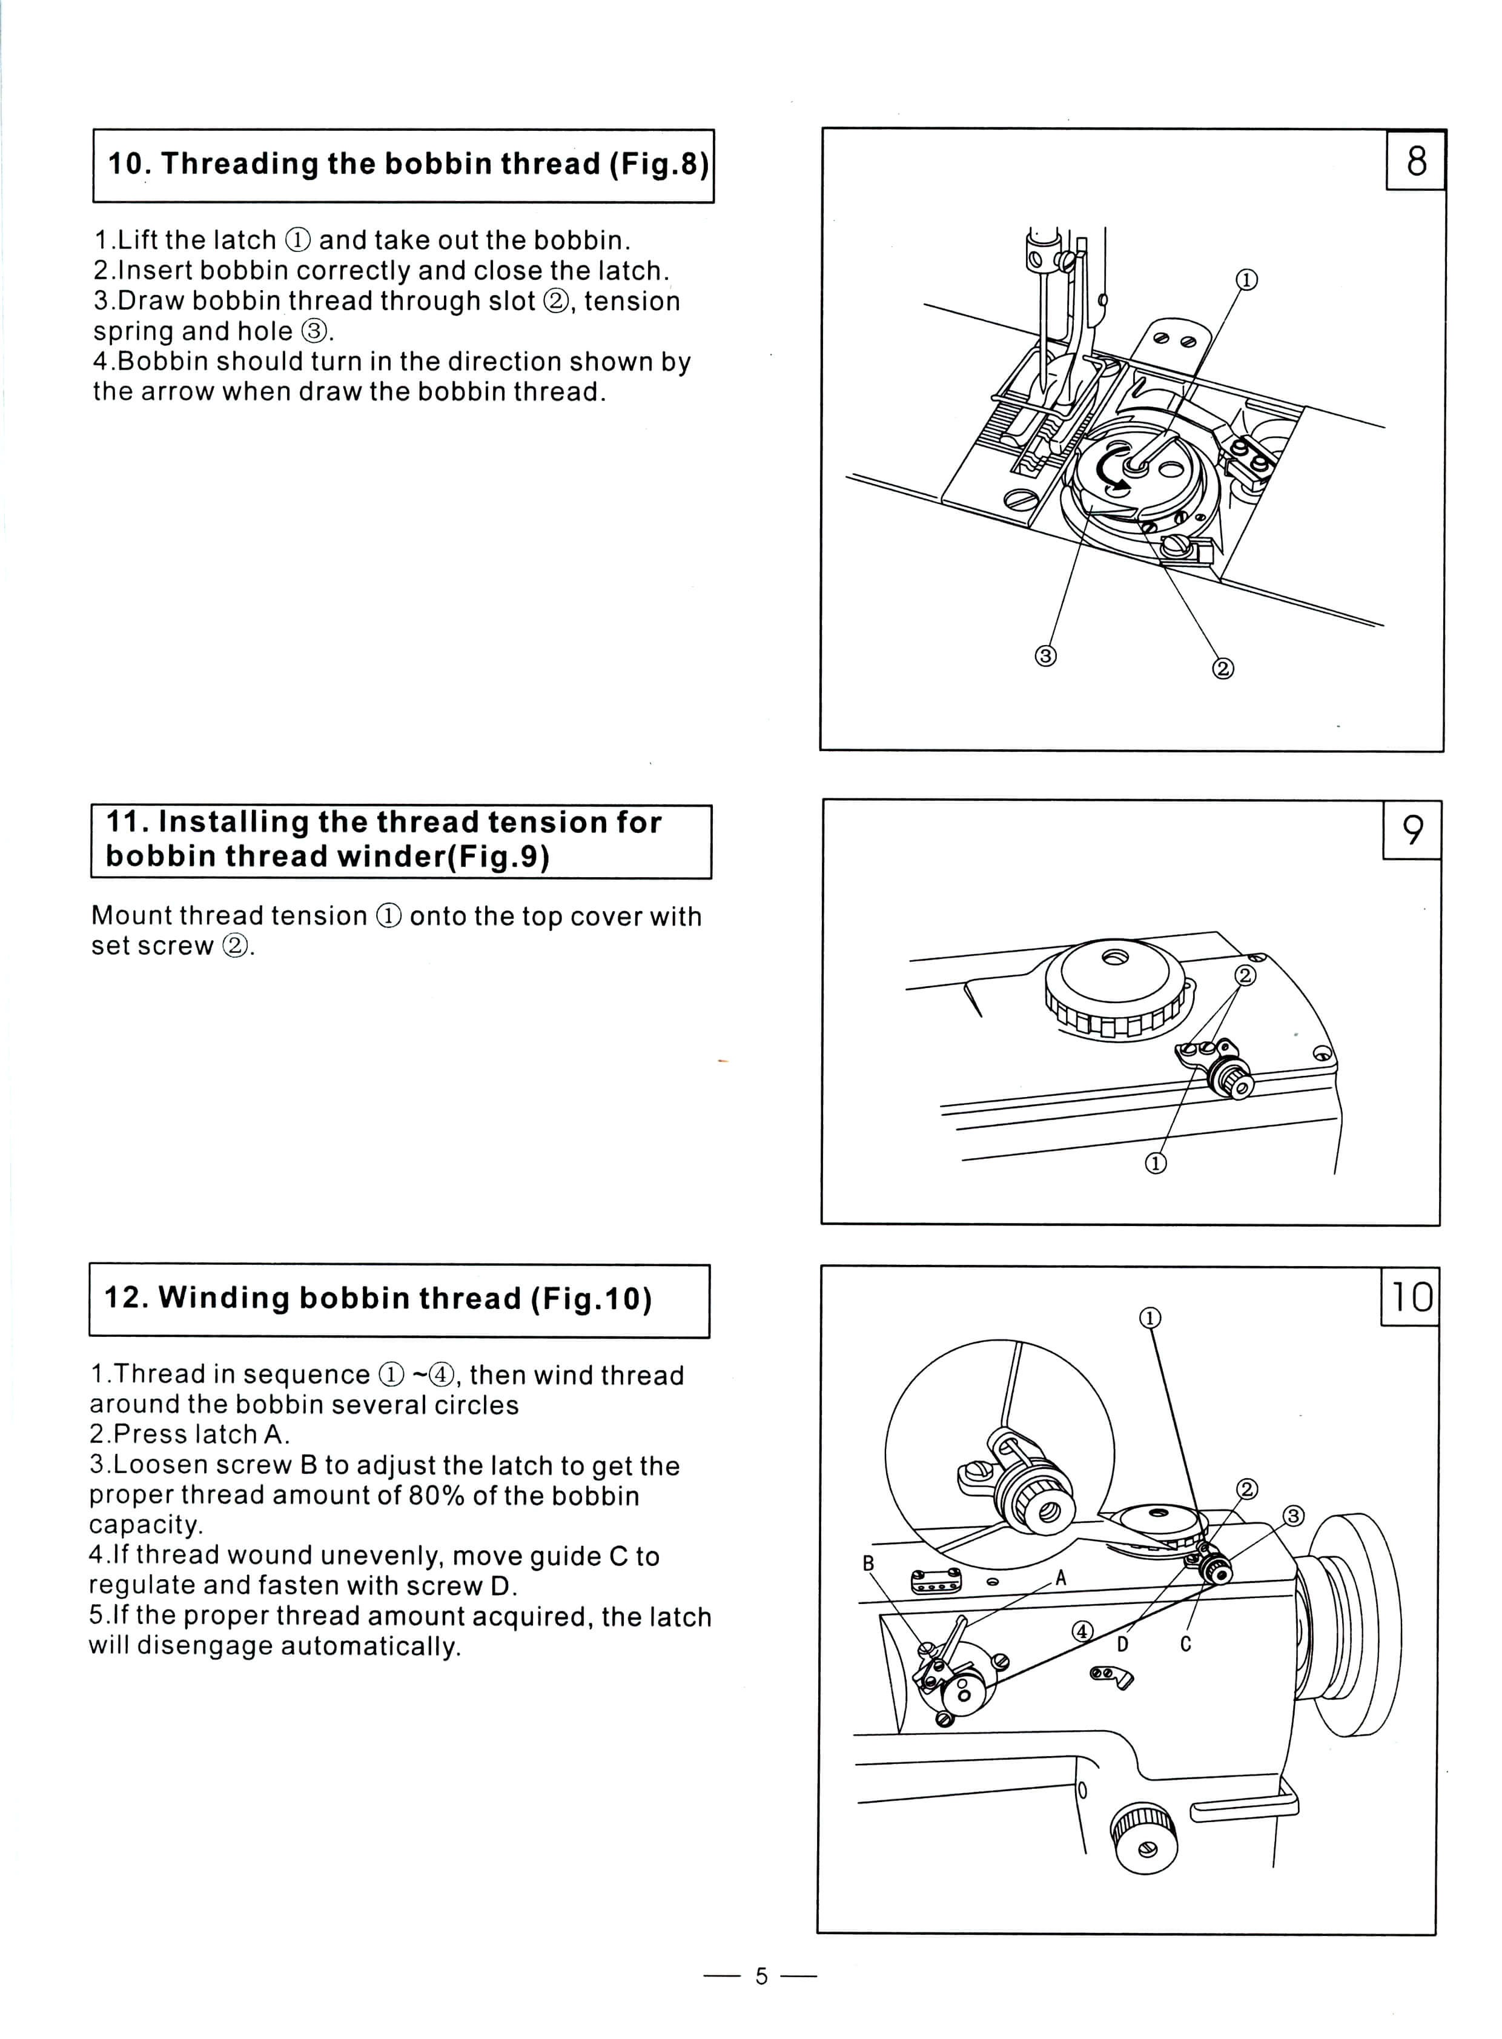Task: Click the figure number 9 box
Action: point(1412,829)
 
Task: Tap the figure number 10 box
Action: point(1410,1297)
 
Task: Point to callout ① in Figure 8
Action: point(1246,280)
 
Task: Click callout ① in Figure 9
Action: point(1156,1163)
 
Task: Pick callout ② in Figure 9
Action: point(1245,975)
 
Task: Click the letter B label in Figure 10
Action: point(868,1562)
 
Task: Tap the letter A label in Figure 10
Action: point(1060,1579)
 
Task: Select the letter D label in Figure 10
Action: point(1123,1643)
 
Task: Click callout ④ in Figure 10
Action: point(1082,1631)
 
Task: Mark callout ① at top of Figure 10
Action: point(1150,1318)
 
